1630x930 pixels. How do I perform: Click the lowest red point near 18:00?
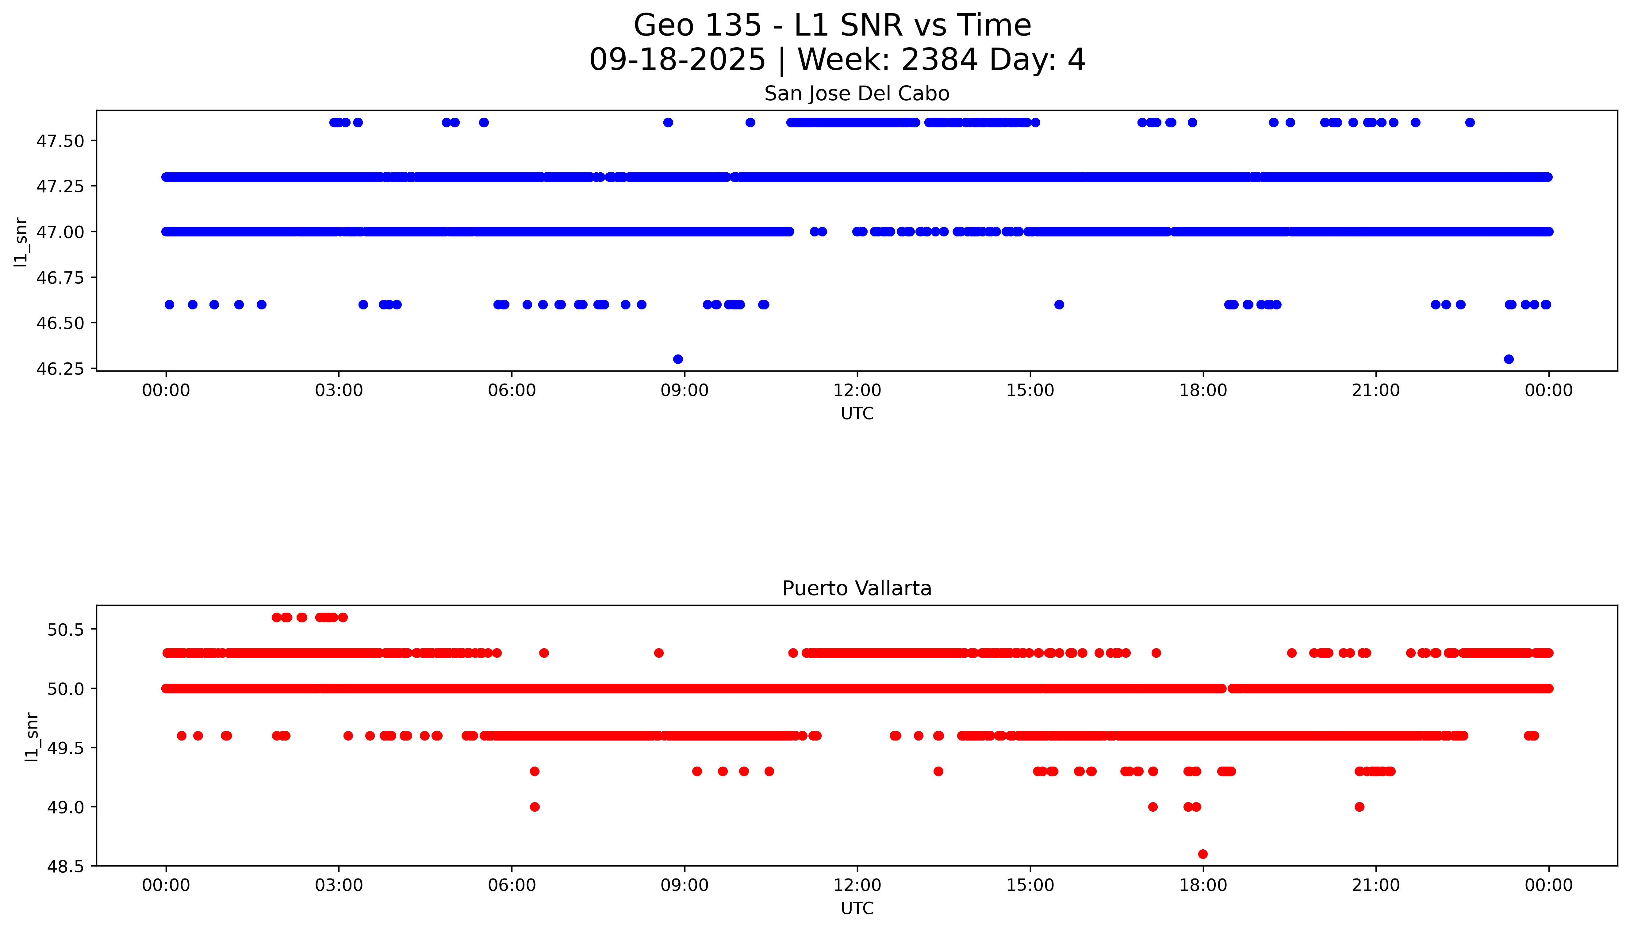point(1203,854)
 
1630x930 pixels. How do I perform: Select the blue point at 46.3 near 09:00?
point(678,359)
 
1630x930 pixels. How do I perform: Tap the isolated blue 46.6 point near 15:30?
point(1059,305)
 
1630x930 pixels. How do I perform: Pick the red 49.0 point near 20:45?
point(1359,807)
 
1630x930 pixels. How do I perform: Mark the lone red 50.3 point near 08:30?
point(658,653)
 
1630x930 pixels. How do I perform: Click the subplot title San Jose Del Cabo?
point(857,94)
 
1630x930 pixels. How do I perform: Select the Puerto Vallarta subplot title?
point(857,588)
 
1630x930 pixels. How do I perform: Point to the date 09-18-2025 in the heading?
point(677,60)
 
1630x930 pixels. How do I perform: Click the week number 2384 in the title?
point(939,60)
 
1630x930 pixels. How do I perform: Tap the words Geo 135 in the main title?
point(697,25)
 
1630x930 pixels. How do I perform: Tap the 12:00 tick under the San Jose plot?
point(857,390)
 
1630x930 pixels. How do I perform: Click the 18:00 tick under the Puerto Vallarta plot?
point(1203,885)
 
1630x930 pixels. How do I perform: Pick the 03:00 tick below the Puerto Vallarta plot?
point(339,885)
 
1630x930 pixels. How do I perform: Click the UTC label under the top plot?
point(857,414)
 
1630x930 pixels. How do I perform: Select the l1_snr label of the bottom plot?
point(32,737)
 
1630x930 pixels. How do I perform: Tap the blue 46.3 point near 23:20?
point(1509,359)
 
